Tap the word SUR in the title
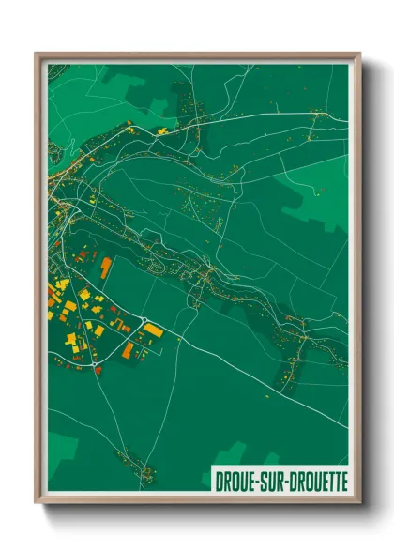(x=271, y=479)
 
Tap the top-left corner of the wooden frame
(x=37, y=54)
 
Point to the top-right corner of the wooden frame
(x=359, y=54)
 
